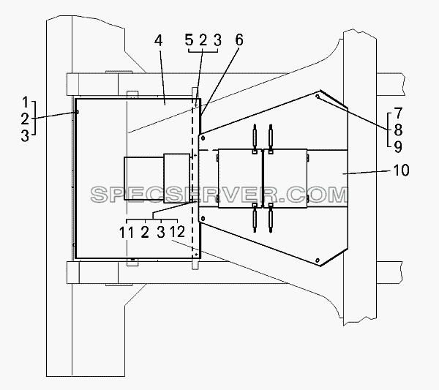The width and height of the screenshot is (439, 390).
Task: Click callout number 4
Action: coord(159,41)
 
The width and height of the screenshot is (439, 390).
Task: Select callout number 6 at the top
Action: coord(239,40)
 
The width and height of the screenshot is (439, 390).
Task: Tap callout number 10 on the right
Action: coord(401,170)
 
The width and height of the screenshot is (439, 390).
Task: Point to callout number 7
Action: coord(399,113)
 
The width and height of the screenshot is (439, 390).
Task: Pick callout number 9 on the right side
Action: coord(398,146)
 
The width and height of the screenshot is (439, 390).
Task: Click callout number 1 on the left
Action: coord(26,102)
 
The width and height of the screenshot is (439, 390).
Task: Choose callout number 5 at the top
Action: coord(190,40)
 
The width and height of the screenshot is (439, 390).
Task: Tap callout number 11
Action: coord(127,233)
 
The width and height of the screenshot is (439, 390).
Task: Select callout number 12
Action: coord(178,231)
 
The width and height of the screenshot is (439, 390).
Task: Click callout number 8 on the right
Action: coord(398,130)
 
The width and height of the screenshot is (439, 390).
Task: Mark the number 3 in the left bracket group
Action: coord(25,136)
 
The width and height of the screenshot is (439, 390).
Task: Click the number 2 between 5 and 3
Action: coord(203,40)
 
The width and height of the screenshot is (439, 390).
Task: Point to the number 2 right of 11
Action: coord(145,233)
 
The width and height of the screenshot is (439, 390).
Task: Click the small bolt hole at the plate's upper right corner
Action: coord(318,97)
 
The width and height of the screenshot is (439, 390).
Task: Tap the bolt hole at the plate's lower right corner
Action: coord(318,260)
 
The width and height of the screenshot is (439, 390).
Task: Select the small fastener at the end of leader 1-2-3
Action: coord(78,112)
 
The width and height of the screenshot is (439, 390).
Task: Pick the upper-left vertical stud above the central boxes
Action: coord(255,136)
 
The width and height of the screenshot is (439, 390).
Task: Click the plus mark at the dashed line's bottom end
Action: coord(196,254)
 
